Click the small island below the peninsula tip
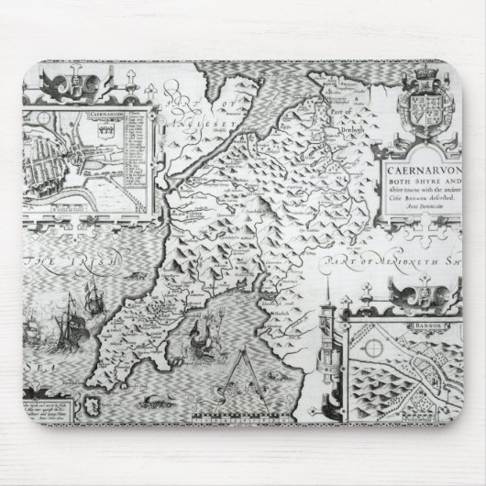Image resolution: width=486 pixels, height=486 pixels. pos(89,403)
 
